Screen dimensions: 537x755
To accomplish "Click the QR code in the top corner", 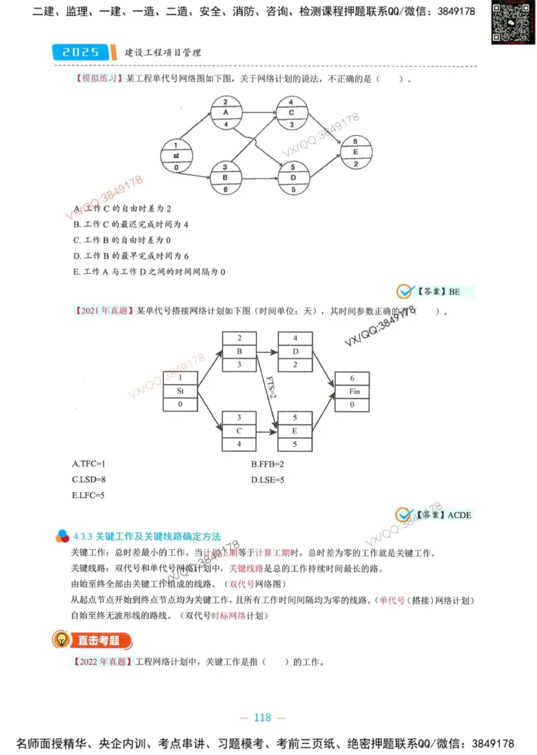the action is tap(507, 23).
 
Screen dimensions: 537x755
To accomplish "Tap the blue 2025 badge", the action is tap(79, 52).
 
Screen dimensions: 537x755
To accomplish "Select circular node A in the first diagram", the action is tap(226, 113).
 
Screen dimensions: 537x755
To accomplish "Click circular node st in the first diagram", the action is tap(176, 156).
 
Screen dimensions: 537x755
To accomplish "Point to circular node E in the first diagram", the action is tap(355, 152).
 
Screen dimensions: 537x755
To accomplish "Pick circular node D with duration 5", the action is tap(292, 177).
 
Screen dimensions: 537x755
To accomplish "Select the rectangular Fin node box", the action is tap(352, 391).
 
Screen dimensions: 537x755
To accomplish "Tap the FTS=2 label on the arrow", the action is tap(271, 386).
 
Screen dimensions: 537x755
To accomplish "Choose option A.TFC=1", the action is tap(89, 464).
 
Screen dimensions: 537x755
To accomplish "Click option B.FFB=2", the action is tap(268, 464).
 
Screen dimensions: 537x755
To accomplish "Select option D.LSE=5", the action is tap(268, 480).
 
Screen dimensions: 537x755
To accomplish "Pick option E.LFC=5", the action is tap(89, 495).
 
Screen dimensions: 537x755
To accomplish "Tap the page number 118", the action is tap(262, 717).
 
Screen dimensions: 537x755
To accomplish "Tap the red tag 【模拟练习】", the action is tap(96, 79).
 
